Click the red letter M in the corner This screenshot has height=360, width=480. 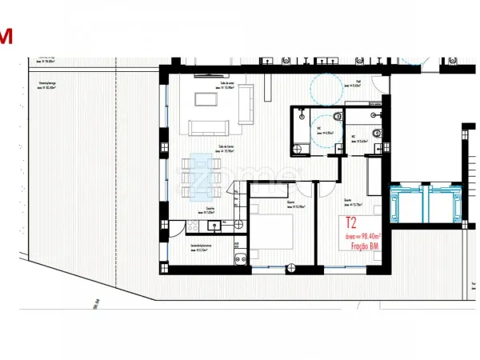(6, 36)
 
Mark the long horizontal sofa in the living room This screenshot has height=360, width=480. (210, 126)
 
